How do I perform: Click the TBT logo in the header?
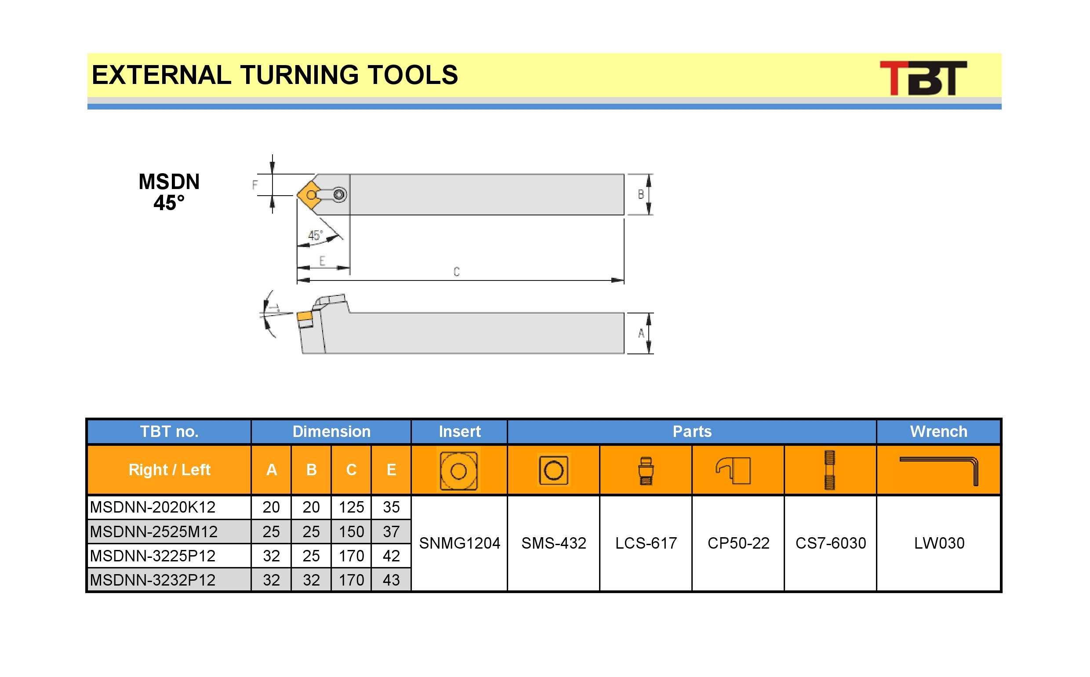[x=923, y=78]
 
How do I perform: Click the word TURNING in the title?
[x=299, y=75]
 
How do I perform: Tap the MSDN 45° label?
[x=169, y=192]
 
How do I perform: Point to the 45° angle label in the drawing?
[x=315, y=236]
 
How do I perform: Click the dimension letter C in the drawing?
[x=456, y=272]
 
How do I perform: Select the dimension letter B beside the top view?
[x=640, y=194]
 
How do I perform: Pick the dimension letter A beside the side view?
[x=641, y=333]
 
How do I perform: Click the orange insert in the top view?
[x=309, y=195]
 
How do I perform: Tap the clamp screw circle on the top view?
[x=339, y=194]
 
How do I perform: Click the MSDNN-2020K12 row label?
[x=153, y=507]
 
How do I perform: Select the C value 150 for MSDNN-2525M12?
[x=352, y=531]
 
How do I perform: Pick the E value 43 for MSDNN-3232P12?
[x=391, y=580]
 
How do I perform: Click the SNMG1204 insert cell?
[x=460, y=543]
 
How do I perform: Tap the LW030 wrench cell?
[x=939, y=543]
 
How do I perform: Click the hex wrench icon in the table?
[x=939, y=471]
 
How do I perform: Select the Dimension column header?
[x=331, y=432]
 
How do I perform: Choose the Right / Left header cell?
[x=169, y=470]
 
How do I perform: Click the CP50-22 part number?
[x=738, y=543]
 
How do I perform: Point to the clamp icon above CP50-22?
[x=734, y=470]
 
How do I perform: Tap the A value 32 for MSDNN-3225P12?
[x=271, y=556]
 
